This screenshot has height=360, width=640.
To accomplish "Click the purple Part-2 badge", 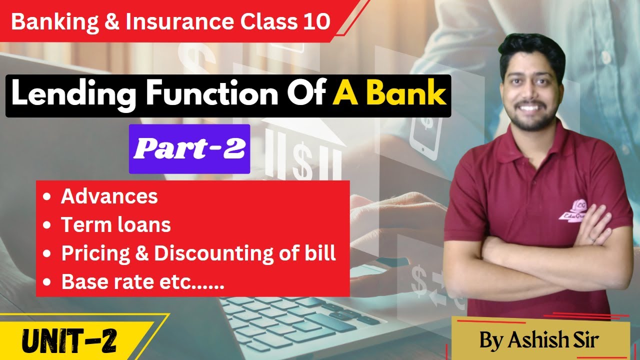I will click(189, 149).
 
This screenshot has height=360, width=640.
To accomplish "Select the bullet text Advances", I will click(109, 196).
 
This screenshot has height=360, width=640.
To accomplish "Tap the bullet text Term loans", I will click(115, 225).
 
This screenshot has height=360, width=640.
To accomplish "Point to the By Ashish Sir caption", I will click(539, 340).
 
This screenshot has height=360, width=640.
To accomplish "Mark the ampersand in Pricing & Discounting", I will click(140, 254).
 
